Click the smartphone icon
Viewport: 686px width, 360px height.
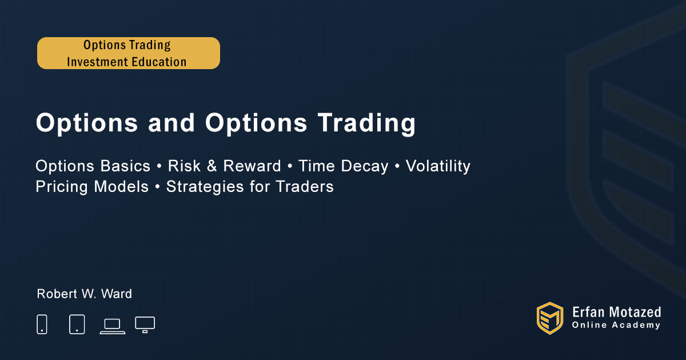(42, 324)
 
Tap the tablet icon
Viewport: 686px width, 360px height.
(77, 324)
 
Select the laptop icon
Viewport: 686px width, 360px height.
(113, 326)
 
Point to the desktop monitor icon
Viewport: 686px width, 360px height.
(145, 325)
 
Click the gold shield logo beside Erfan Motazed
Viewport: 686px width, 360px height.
(550, 318)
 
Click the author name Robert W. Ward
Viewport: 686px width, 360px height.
(84, 294)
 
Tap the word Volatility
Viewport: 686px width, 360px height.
(438, 166)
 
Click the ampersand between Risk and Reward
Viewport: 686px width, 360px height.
(212, 166)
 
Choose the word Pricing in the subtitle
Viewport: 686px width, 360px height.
(62, 187)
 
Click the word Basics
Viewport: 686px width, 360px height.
(125, 166)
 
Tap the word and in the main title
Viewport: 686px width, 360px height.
(171, 122)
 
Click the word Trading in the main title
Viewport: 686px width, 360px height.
(366, 123)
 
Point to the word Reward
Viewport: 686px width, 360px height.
(252, 166)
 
